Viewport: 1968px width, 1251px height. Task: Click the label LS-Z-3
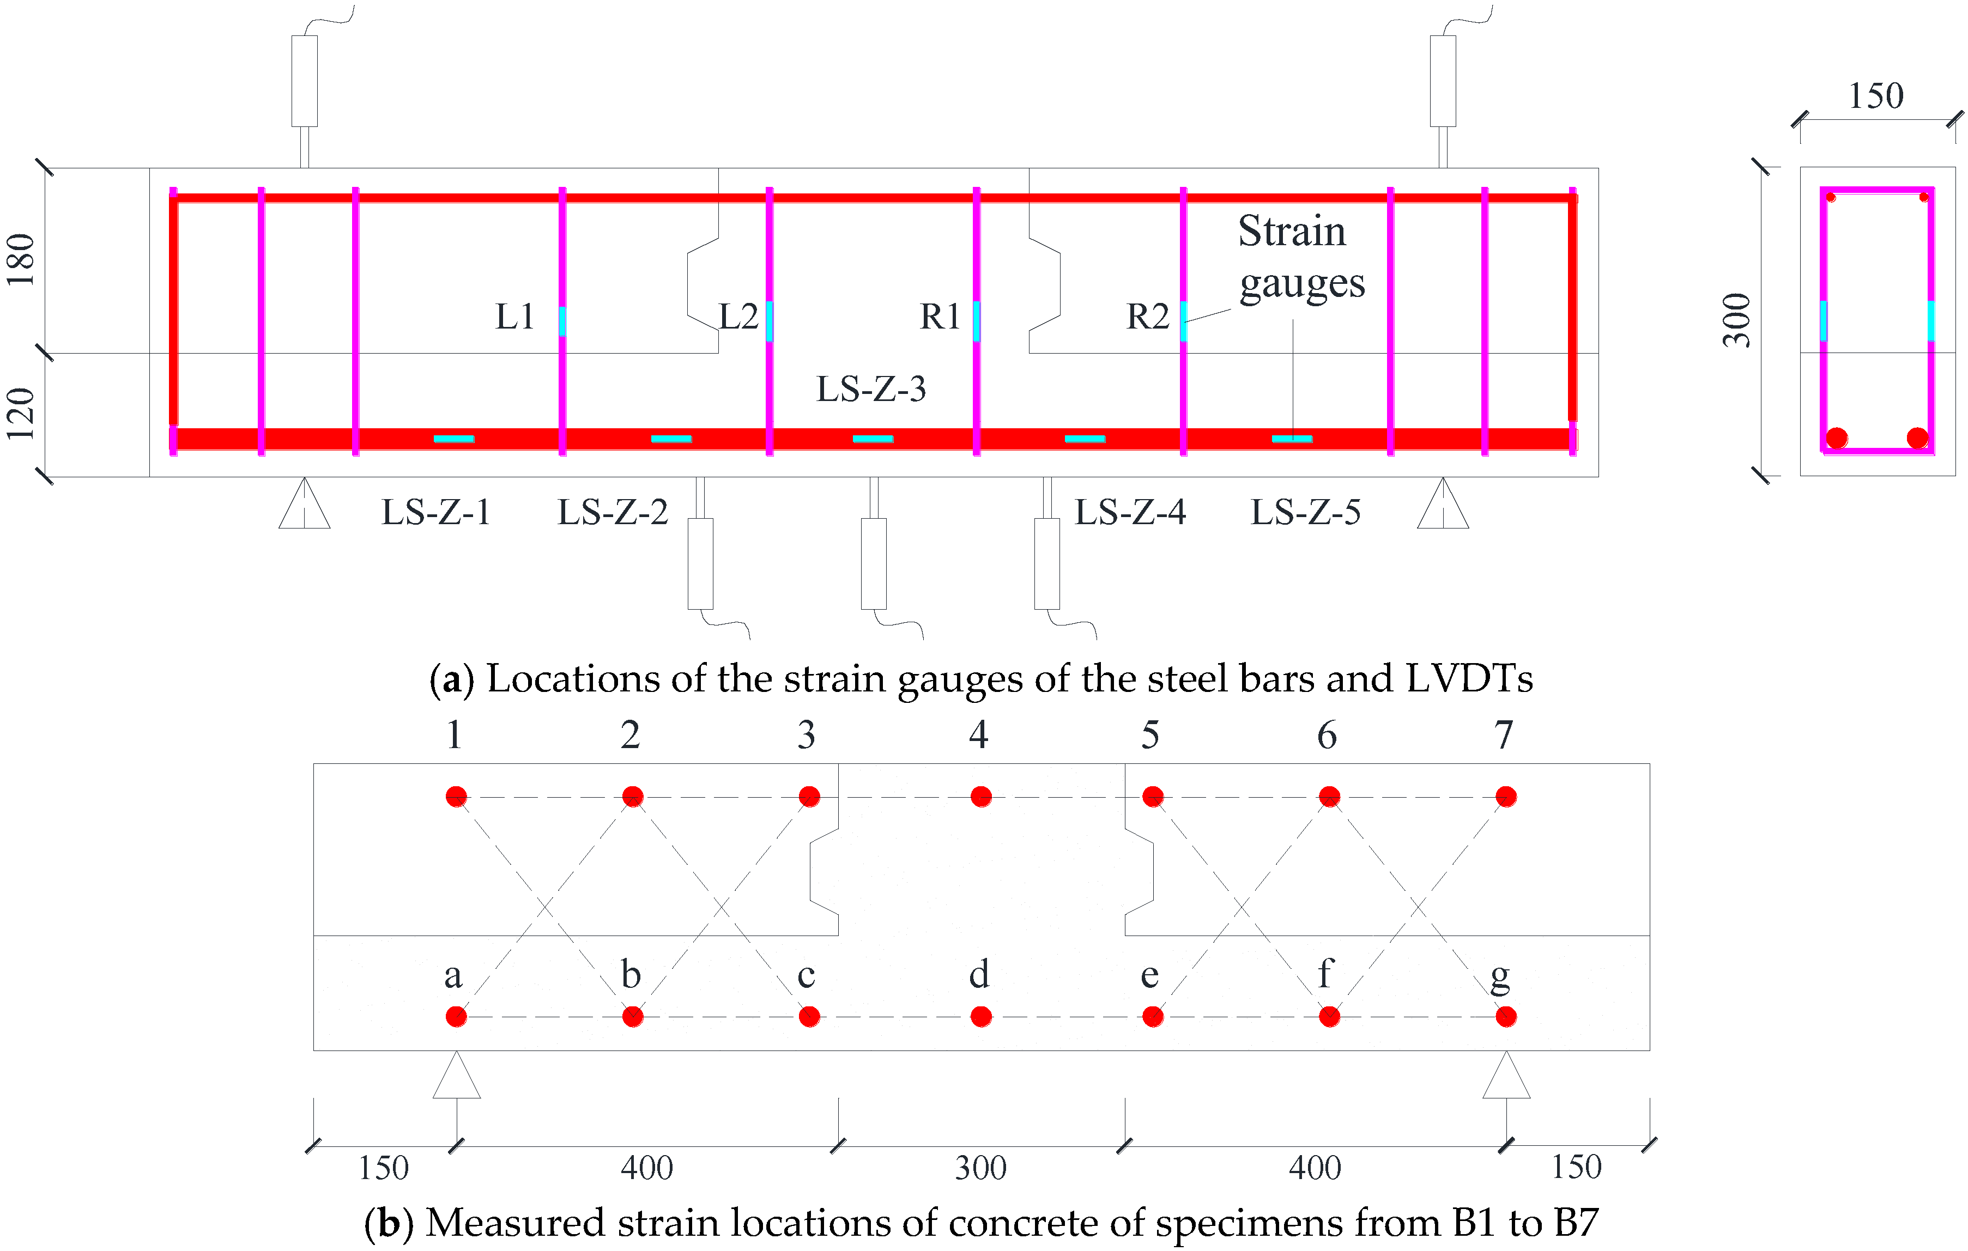coord(871,389)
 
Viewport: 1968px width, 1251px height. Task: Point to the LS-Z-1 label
coord(437,512)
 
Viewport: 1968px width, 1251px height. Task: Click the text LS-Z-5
coord(1305,512)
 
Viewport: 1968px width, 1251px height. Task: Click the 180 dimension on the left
coord(21,260)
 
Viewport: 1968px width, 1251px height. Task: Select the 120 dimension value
coord(21,414)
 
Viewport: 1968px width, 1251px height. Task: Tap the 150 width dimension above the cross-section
coord(1876,96)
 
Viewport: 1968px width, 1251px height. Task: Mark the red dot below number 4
coord(981,797)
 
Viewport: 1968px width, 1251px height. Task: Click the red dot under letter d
coord(981,1017)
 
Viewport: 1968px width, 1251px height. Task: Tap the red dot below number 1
coord(456,797)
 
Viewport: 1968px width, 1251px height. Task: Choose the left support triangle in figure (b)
coord(456,1077)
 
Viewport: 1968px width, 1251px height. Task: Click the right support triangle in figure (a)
coord(1443,505)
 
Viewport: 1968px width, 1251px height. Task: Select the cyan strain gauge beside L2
coord(769,320)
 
